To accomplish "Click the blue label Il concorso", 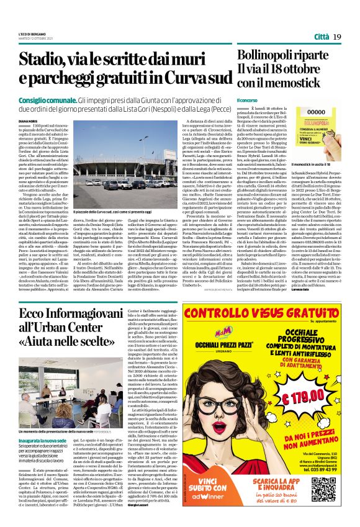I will pyautogui.click(x=247, y=100).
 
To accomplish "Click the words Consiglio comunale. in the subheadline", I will pyautogui.click(x=47, y=100).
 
